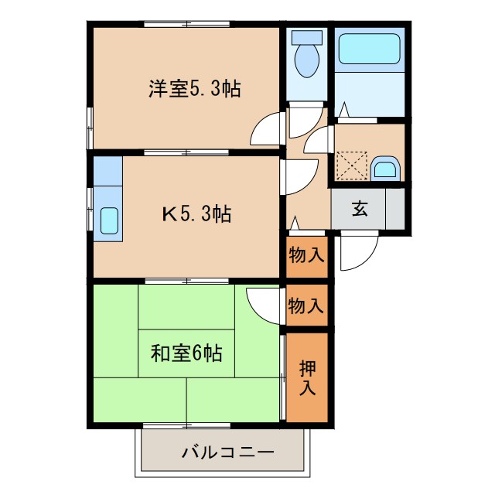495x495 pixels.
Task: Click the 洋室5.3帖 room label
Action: pos(194,89)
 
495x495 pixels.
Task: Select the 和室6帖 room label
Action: pos(186,354)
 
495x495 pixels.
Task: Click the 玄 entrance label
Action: pos(360,209)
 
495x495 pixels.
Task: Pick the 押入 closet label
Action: pos(308,378)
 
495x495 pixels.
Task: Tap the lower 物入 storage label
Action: pos(306,305)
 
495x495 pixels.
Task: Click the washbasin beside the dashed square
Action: pos(384,168)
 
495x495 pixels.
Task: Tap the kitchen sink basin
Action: pos(109,222)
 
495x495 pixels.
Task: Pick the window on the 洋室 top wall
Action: pos(187,26)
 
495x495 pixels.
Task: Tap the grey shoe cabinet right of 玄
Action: pos(395,209)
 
